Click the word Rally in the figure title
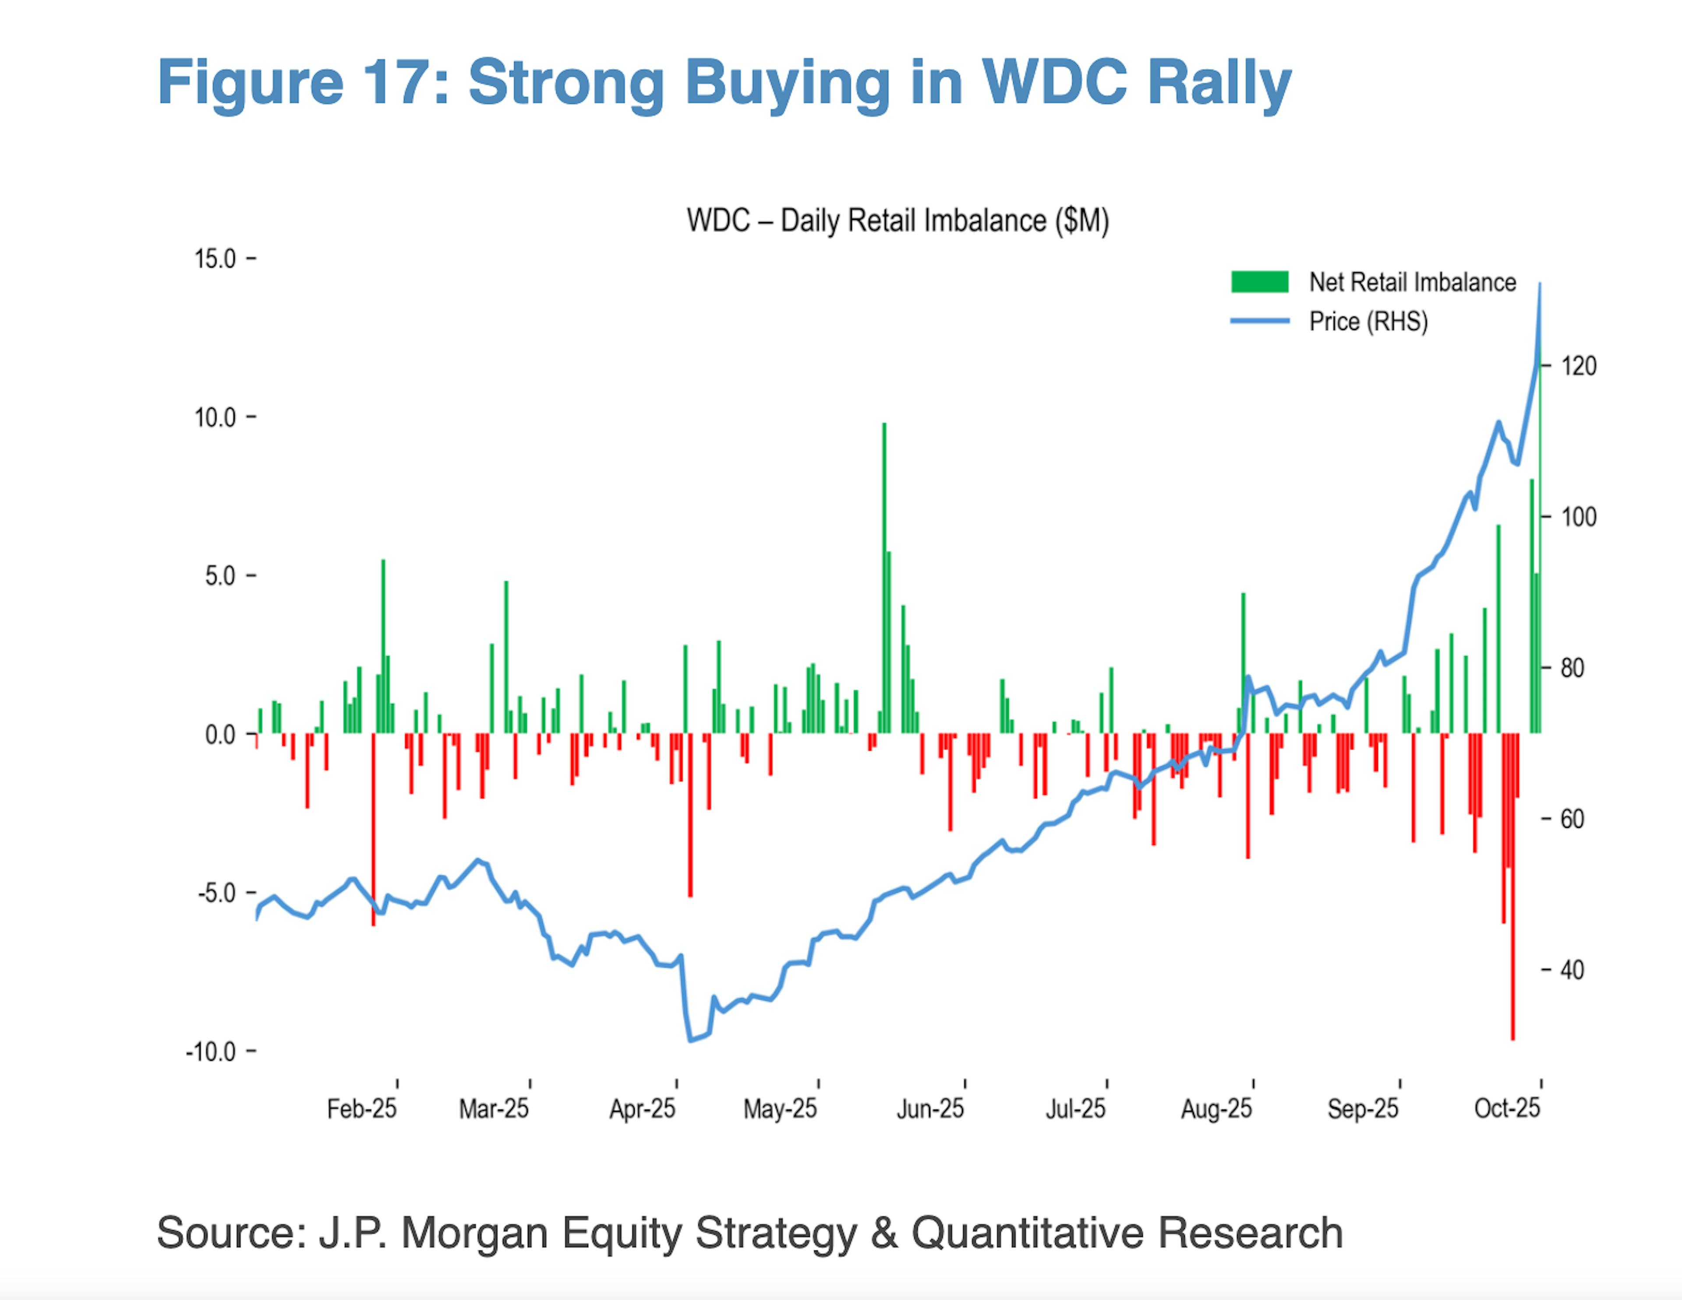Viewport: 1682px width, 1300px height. coord(1219,83)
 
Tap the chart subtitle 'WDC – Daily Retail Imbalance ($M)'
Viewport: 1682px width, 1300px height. coord(897,221)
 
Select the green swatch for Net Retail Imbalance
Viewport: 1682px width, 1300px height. coord(1259,282)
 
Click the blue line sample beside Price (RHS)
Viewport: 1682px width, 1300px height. coord(1259,321)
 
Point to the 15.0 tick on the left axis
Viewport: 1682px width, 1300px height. coord(216,259)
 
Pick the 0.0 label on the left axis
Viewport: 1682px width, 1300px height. coord(220,735)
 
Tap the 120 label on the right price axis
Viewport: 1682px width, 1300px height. coord(1579,366)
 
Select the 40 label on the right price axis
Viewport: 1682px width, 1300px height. coord(1572,970)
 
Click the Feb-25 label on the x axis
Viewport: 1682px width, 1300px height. coord(361,1109)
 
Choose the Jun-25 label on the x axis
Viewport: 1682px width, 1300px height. coord(929,1109)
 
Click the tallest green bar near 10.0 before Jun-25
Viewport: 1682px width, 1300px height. coord(884,578)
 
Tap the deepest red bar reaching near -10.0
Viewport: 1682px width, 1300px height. coord(1512,886)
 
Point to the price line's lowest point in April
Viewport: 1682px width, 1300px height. coord(690,1040)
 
